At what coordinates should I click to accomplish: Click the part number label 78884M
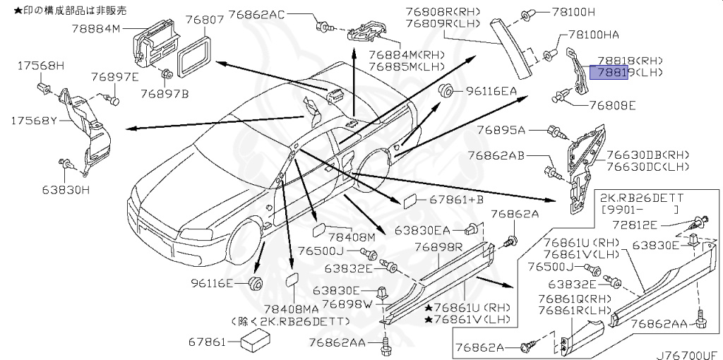[97, 29]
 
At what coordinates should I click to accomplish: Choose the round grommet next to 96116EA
[446, 90]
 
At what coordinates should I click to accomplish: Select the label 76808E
[612, 106]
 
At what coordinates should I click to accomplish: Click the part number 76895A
[501, 130]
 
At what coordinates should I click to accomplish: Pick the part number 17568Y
[33, 121]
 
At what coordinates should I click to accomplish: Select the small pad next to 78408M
[318, 229]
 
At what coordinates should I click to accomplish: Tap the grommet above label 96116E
[256, 284]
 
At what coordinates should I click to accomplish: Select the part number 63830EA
[422, 230]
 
